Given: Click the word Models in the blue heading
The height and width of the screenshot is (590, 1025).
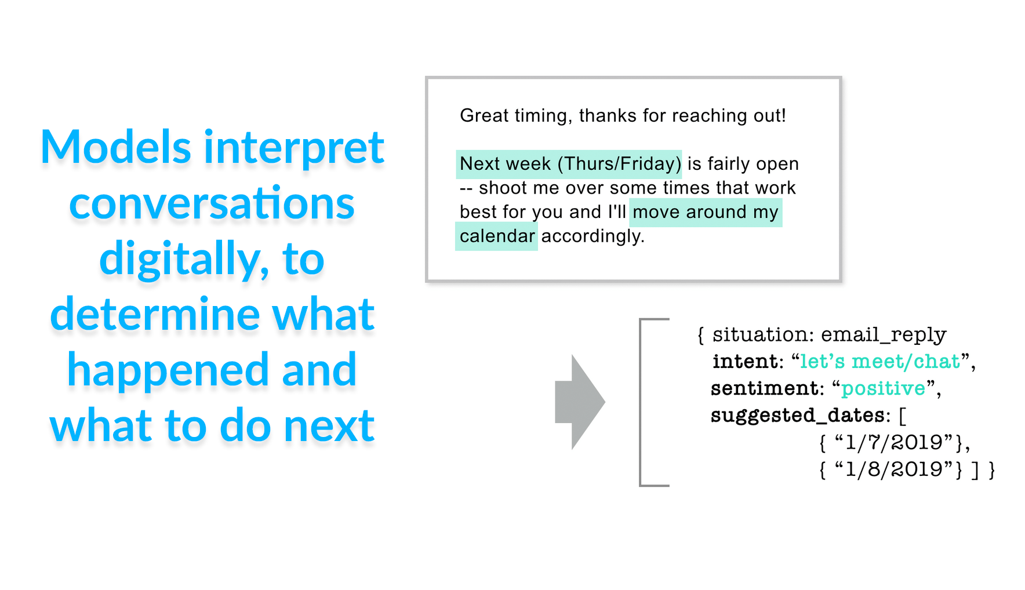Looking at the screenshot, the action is click(115, 147).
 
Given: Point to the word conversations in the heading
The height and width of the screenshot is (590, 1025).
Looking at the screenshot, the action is click(212, 203).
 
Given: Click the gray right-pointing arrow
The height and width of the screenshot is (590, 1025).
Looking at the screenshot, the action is click(580, 402).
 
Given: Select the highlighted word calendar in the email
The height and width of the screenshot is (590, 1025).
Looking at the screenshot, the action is click(497, 236).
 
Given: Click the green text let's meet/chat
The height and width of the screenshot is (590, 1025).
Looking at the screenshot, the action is click(880, 362).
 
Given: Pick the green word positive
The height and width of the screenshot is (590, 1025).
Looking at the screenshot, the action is click(883, 389).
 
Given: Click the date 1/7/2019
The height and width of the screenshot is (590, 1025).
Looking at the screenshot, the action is click(893, 443).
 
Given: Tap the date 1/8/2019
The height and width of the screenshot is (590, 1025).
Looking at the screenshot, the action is click(893, 469).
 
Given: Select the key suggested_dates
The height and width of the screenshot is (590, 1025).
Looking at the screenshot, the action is click(797, 416).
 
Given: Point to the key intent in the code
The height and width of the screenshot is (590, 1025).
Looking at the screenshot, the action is click(745, 362).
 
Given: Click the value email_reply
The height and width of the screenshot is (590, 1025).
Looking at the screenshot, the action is click(884, 335).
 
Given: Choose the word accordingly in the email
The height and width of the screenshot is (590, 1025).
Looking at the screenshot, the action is click(593, 236).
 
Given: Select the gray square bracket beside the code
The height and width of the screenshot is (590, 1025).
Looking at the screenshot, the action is click(640, 402).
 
